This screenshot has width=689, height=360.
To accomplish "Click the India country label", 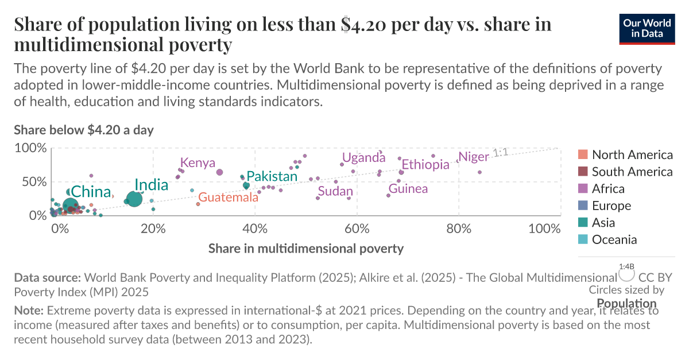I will (x=151, y=185).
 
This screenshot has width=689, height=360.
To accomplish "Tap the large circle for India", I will (x=134, y=199).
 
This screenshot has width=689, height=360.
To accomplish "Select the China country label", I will (x=91, y=191).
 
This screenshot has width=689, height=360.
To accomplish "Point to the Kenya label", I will (x=198, y=162).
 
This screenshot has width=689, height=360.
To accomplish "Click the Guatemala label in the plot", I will (x=228, y=198).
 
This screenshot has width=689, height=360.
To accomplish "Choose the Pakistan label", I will (x=272, y=176).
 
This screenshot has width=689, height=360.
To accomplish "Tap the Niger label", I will (x=473, y=157).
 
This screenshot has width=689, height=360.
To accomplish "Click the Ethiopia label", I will (x=425, y=165).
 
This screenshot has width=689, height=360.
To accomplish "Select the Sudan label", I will (x=335, y=191).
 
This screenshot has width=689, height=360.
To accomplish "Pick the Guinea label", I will (x=408, y=188).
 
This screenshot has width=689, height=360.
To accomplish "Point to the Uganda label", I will (x=363, y=157).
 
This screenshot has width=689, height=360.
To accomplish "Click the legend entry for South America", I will (x=632, y=171).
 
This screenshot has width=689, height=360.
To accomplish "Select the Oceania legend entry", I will (x=614, y=239).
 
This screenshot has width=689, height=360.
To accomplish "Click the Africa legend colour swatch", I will (x=583, y=188).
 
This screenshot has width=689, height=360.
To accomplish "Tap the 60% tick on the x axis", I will (x=357, y=229).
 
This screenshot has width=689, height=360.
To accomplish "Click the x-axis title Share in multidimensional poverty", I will (x=305, y=249).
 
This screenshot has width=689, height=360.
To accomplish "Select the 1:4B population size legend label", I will (x=626, y=266).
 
